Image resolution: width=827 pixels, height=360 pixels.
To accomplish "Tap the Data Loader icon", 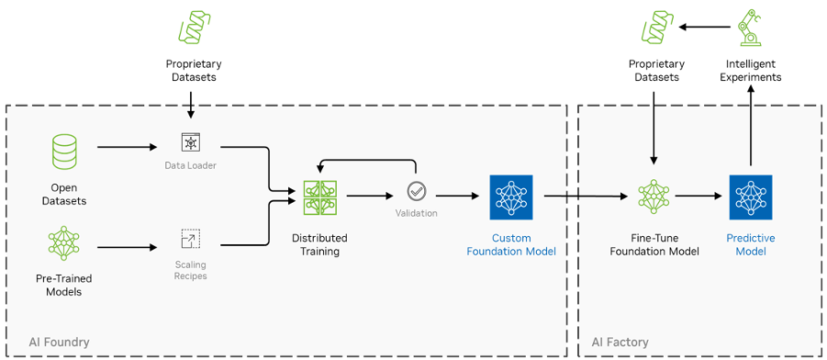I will click(190, 142).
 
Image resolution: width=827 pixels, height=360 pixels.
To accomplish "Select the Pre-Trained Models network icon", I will click(64, 244).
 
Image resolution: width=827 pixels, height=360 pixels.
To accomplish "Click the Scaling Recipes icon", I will click(190, 240).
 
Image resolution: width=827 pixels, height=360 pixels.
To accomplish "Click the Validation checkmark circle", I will click(416, 192).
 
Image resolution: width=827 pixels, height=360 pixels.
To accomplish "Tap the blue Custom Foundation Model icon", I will click(511, 197).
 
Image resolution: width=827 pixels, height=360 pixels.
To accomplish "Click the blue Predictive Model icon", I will click(751, 197).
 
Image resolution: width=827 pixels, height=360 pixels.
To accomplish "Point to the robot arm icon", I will click(751, 28).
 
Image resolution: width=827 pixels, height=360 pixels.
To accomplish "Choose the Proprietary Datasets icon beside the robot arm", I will click(656, 28).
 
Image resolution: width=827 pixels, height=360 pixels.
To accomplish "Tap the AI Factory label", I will click(620, 343).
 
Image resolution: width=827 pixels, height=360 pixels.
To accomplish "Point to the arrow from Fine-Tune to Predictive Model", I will click(701, 196).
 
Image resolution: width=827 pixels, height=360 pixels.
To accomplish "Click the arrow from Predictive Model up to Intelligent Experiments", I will click(751, 129).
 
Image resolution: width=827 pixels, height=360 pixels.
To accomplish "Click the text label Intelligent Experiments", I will click(751, 71).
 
